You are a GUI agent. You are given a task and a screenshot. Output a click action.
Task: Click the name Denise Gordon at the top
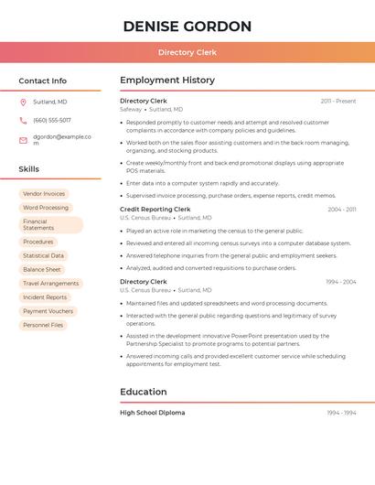[x=187, y=26]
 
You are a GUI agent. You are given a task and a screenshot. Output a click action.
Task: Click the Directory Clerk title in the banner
[x=187, y=52]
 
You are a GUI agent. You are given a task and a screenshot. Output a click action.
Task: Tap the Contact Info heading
[x=42, y=81]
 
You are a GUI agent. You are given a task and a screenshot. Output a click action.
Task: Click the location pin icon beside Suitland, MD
[x=23, y=102]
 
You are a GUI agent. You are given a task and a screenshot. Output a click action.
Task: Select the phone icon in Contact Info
[x=23, y=120]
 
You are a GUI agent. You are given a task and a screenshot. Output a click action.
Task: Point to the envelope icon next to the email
[x=23, y=140]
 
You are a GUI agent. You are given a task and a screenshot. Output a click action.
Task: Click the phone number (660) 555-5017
[x=52, y=120]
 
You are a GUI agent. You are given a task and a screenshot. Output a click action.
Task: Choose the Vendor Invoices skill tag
[x=44, y=194]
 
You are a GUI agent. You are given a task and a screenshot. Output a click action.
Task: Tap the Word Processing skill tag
[x=46, y=208]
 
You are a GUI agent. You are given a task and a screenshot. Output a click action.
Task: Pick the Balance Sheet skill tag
[x=42, y=270]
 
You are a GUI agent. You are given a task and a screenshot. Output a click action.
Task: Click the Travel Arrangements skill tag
[x=50, y=284]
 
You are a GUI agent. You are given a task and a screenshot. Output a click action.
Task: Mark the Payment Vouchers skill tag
[x=48, y=311]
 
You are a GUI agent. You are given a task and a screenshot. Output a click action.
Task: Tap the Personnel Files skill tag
[x=43, y=325]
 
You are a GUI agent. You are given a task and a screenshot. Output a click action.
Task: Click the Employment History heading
[x=167, y=81]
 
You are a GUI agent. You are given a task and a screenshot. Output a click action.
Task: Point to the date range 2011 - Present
[x=338, y=101]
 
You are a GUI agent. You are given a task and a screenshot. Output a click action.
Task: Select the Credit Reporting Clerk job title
[x=155, y=210]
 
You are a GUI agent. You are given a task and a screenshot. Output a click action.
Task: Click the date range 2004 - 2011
[x=342, y=210]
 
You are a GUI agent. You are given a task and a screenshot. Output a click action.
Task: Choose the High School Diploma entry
[x=152, y=413]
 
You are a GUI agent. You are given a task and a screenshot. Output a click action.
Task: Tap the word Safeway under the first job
[x=131, y=109]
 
